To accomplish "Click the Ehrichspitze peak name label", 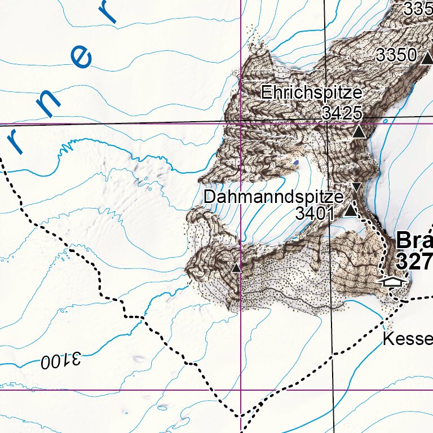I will pos(311,93).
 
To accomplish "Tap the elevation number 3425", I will pos(342,113).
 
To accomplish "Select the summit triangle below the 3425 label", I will pos(359,132).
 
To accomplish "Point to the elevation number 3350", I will pos(396,55).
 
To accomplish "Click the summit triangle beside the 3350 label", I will pos(427,56).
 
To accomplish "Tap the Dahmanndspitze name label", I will pos(273,197).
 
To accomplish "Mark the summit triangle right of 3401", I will pos(351,211).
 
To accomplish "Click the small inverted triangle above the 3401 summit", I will pos(356,186).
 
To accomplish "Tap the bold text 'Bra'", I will pos(414,241).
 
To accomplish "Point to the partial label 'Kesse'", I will pos(408,339).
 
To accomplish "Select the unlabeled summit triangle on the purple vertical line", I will pos(237,268).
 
